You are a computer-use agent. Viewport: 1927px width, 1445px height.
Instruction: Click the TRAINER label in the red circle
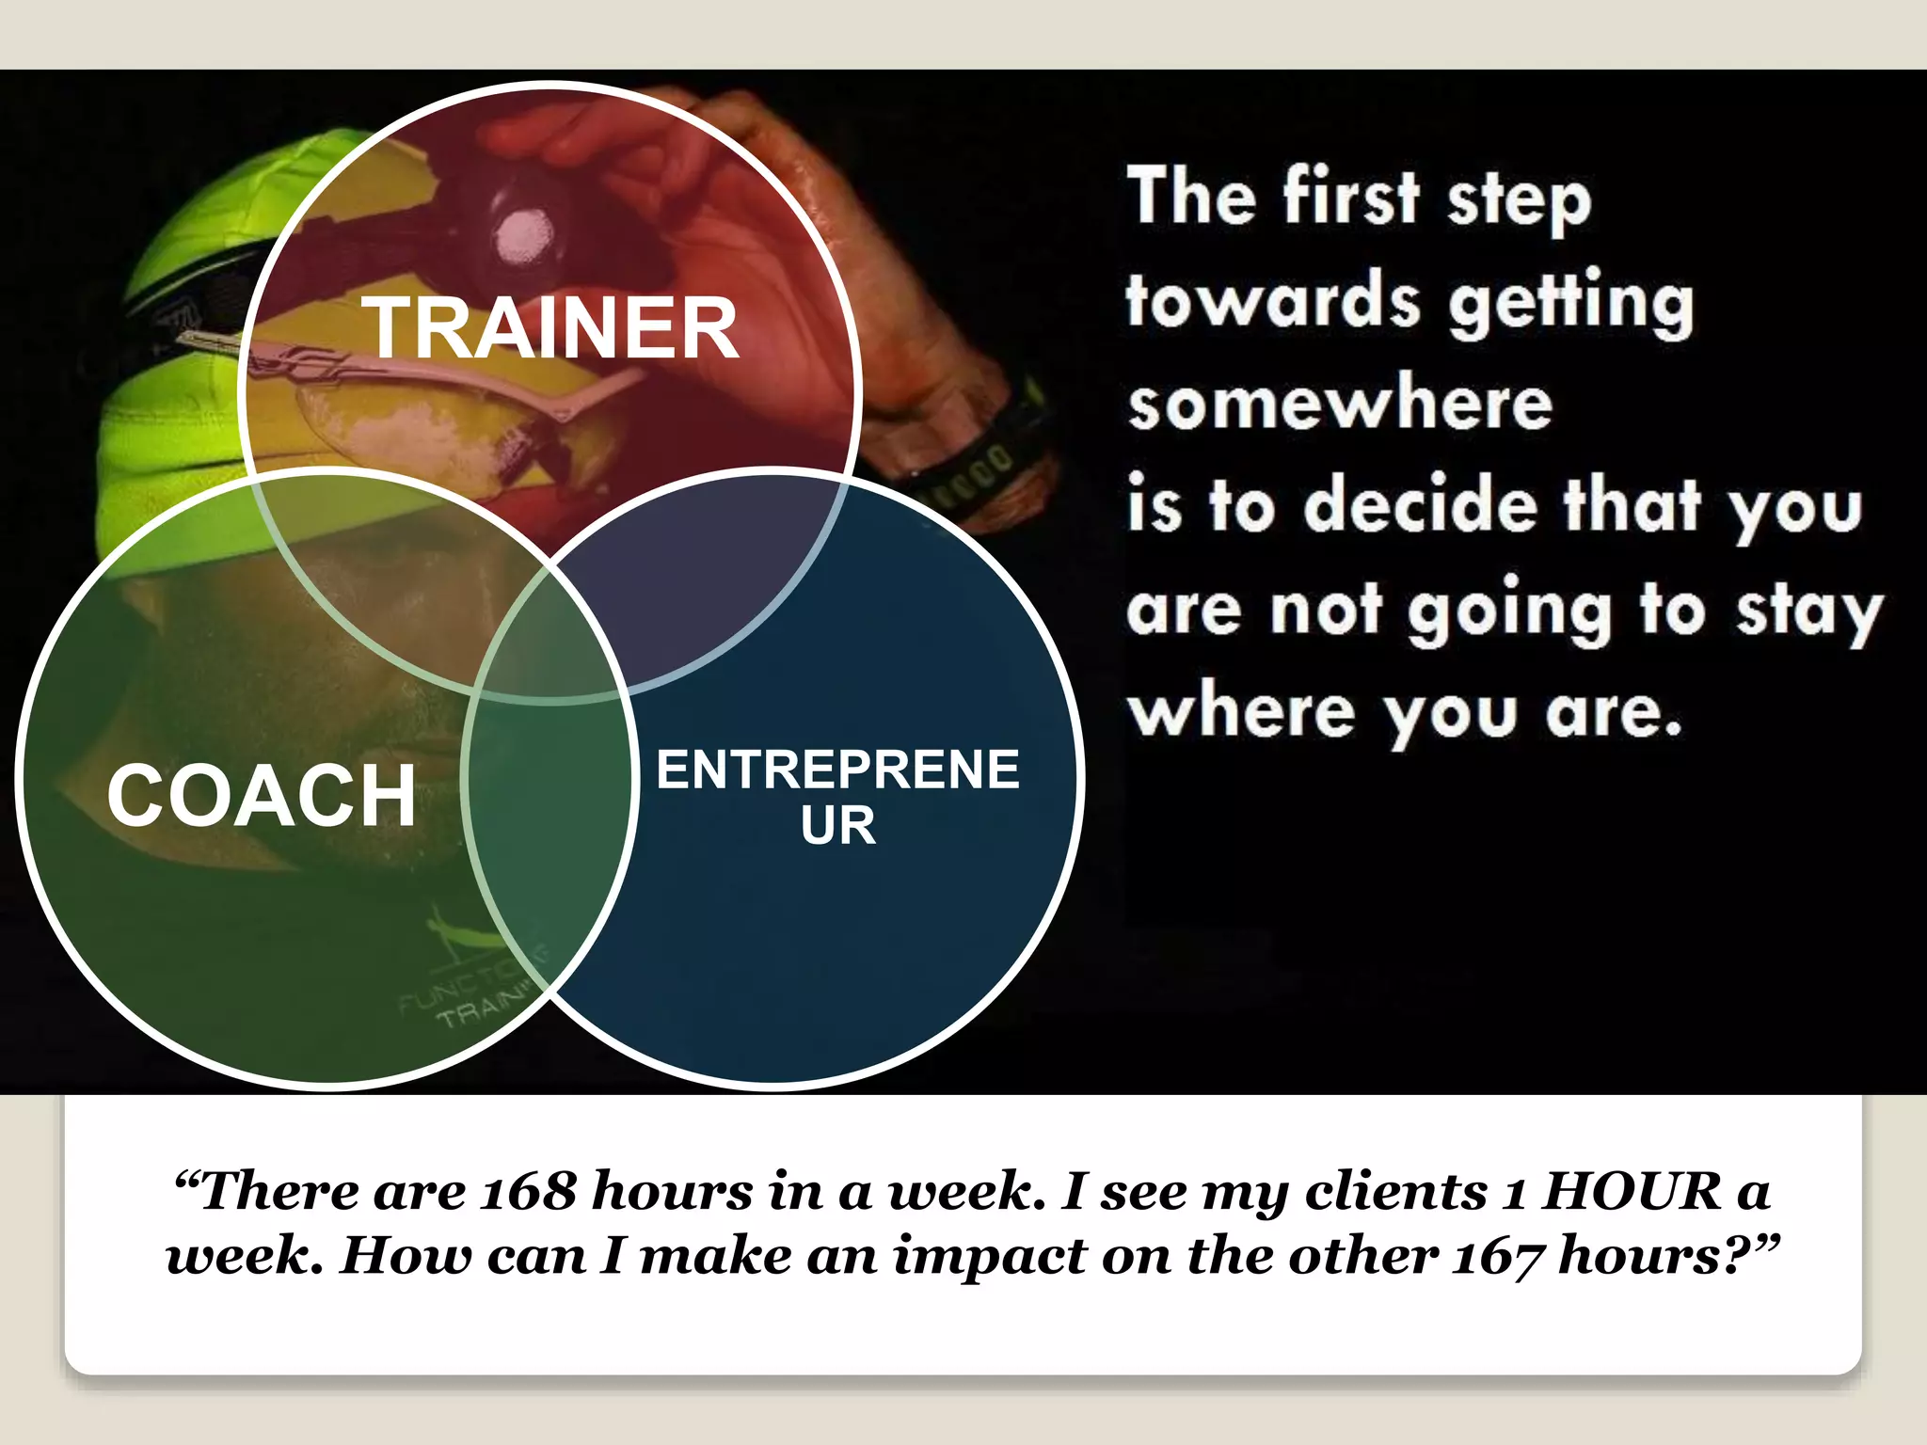tap(553, 327)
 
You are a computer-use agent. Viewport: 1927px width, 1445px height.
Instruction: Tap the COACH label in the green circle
tap(262, 796)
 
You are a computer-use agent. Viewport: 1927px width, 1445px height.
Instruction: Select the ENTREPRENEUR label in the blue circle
tap(837, 796)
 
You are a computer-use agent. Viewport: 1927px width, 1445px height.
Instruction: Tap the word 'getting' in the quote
tap(1570, 303)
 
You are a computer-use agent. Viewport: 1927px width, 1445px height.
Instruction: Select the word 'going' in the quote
tap(1511, 612)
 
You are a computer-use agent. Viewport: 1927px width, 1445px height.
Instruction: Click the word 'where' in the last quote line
tap(1242, 713)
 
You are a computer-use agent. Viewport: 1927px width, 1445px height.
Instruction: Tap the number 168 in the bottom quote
tap(528, 1191)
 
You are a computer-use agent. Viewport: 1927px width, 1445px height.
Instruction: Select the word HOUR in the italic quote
tap(1632, 1191)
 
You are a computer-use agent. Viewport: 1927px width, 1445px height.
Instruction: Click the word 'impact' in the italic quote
tap(988, 1257)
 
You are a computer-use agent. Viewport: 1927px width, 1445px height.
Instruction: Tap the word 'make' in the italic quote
tap(715, 1257)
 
